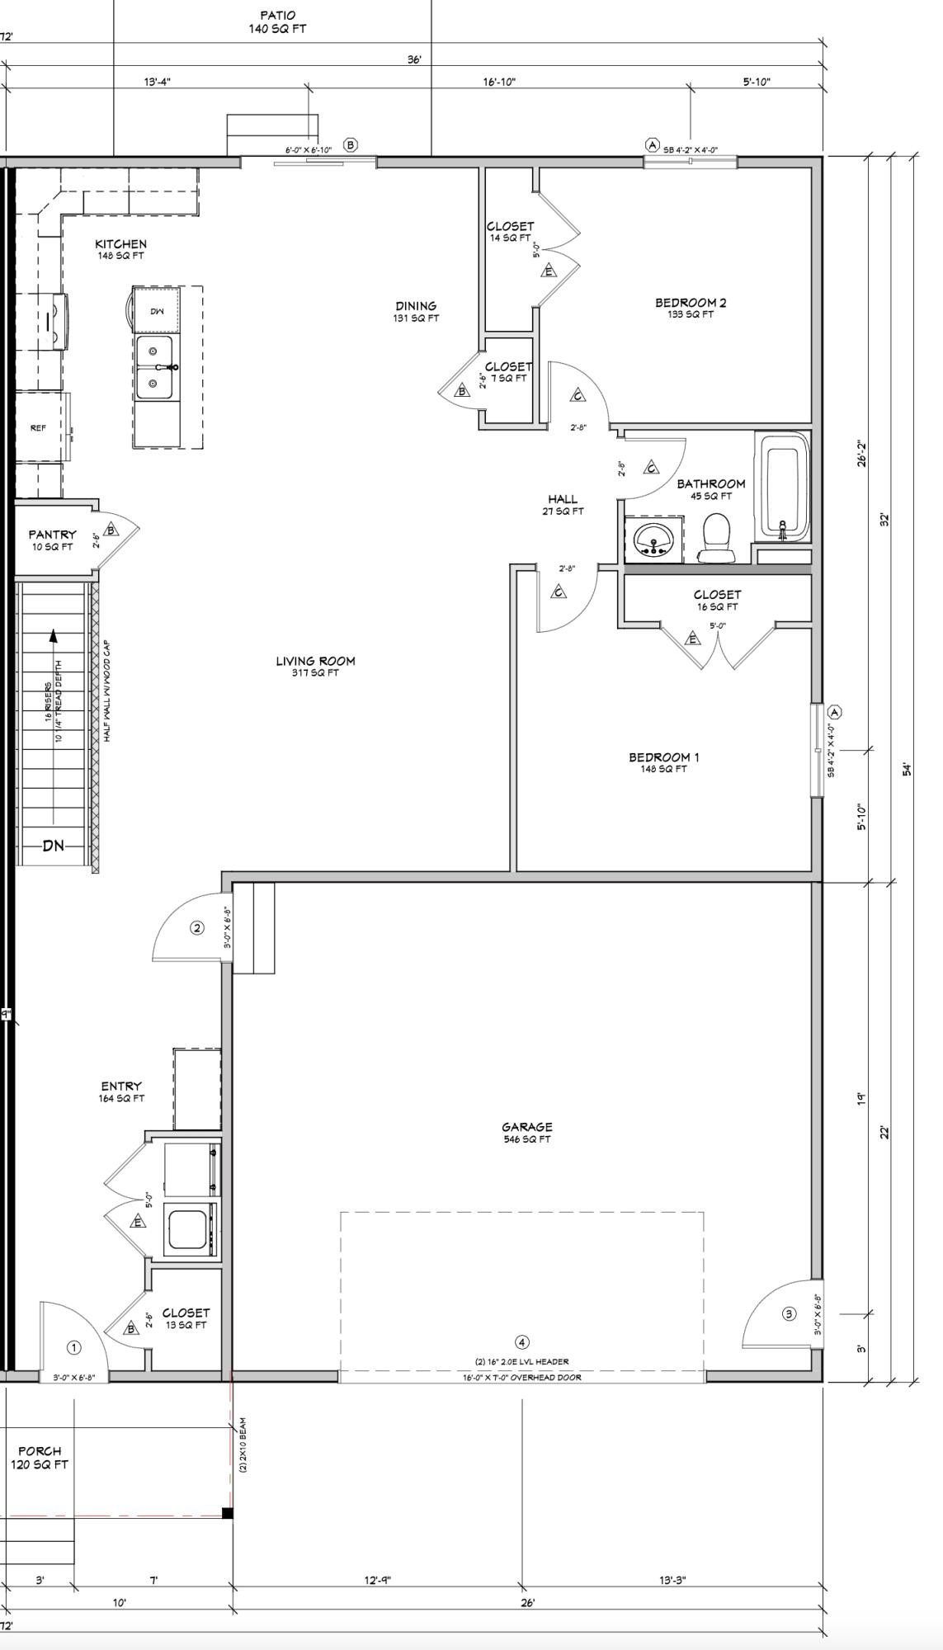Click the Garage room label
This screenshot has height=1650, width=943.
coord(526,1127)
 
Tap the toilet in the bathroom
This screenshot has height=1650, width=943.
coord(716,538)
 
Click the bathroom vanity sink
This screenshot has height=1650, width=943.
coord(654,540)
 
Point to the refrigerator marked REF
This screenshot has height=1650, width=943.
coord(39,428)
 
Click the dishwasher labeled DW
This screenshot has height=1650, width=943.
coord(157,311)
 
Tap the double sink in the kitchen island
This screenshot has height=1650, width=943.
coord(155,367)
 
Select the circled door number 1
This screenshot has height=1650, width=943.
coord(73,1347)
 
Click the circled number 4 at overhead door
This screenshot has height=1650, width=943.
coord(521,1342)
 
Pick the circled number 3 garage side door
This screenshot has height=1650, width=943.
coord(789,1314)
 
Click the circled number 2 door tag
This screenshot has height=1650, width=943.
coord(196,928)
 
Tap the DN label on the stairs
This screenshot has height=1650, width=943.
coord(54,846)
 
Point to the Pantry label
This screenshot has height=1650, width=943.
coord(52,535)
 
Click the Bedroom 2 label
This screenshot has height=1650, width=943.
coord(691,303)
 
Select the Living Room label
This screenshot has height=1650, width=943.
coord(315,661)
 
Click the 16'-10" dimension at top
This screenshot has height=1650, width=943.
coord(499,82)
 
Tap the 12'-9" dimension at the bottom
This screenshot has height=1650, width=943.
coord(377,1580)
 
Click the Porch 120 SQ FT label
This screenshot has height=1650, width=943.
coord(40,1457)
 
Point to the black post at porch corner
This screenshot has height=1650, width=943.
coord(228,1512)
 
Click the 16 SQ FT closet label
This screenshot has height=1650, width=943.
coord(717,600)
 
